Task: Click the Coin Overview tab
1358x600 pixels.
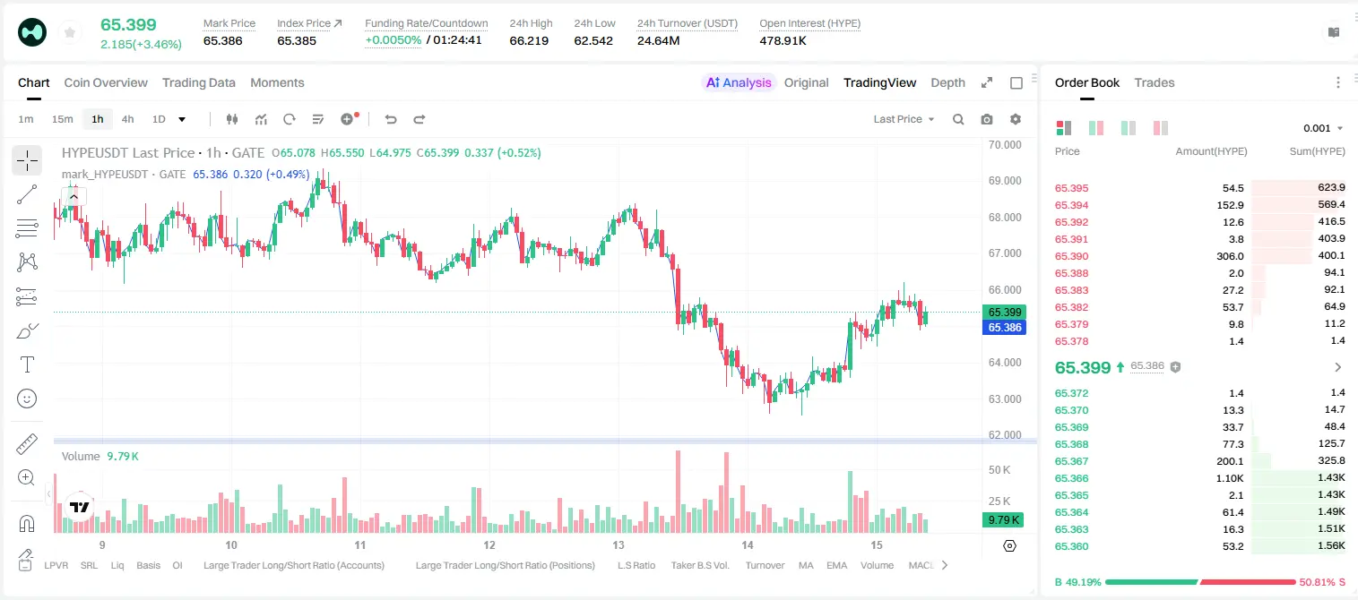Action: pos(106,82)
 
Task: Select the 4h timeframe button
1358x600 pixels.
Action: pos(127,119)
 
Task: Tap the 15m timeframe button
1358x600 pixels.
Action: pos(62,119)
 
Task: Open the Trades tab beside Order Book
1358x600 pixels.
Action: pos(1155,82)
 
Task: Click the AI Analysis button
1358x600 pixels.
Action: pos(739,82)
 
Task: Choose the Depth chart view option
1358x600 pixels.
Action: pos(947,82)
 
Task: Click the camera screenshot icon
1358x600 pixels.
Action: pos(987,119)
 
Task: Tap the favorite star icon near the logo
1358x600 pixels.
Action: pos(70,32)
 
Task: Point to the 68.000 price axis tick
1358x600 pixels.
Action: pos(1005,218)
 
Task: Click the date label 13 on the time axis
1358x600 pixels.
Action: pos(618,544)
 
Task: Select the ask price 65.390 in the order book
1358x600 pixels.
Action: pos(1071,256)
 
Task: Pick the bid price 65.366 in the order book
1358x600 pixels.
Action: pos(1071,478)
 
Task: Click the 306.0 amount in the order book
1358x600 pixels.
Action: pos(1230,256)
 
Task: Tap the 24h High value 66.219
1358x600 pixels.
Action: pos(529,40)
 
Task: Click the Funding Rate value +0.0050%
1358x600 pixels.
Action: pos(393,40)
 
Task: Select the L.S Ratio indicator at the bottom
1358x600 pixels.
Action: pos(636,565)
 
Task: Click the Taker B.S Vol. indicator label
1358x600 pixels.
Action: pos(699,565)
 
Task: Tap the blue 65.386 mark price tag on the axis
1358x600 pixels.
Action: pos(1004,328)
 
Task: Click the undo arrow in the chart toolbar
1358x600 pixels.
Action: pos(391,119)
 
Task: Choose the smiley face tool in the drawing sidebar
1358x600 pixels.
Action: pos(27,399)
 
